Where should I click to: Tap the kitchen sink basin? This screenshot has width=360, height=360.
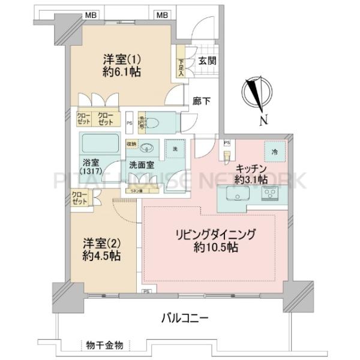tap(235, 196)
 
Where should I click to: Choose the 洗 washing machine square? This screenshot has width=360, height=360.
tap(175, 149)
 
